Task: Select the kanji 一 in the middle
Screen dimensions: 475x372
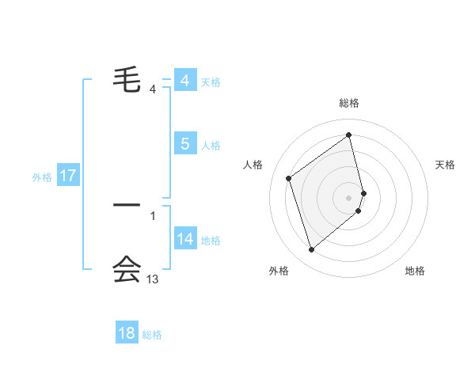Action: pyautogui.click(x=127, y=205)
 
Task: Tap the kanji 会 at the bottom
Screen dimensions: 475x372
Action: pyautogui.click(x=127, y=269)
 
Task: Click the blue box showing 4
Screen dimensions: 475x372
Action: pyautogui.click(x=185, y=81)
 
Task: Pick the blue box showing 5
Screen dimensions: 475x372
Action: pyautogui.click(x=185, y=144)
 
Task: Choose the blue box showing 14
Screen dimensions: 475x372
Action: pyautogui.click(x=185, y=239)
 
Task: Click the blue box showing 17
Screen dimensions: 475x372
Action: pyautogui.click(x=68, y=176)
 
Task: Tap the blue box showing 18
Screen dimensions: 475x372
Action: pyautogui.click(x=127, y=333)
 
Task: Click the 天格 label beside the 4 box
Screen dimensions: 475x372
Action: pyautogui.click(x=211, y=82)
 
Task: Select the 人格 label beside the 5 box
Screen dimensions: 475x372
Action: pyautogui.click(x=211, y=146)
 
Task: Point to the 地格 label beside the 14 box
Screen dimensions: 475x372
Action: pyautogui.click(x=211, y=241)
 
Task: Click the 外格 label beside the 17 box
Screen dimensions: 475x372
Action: pyautogui.click(x=42, y=177)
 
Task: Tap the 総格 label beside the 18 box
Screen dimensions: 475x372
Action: pyautogui.click(x=152, y=335)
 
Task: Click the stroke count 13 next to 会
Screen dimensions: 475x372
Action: pyautogui.click(x=153, y=279)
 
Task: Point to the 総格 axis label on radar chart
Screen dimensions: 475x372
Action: pyautogui.click(x=349, y=103)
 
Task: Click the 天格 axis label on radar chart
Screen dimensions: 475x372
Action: pyautogui.click(x=446, y=165)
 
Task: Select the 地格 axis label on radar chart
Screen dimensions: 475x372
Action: pyautogui.click(x=415, y=271)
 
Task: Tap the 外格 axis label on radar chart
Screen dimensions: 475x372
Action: pyautogui.click(x=279, y=271)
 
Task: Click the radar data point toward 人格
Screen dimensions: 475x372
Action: pyautogui.click(x=289, y=178)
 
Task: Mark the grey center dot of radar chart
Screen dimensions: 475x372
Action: pyautogui.click(x=349, y=197)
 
